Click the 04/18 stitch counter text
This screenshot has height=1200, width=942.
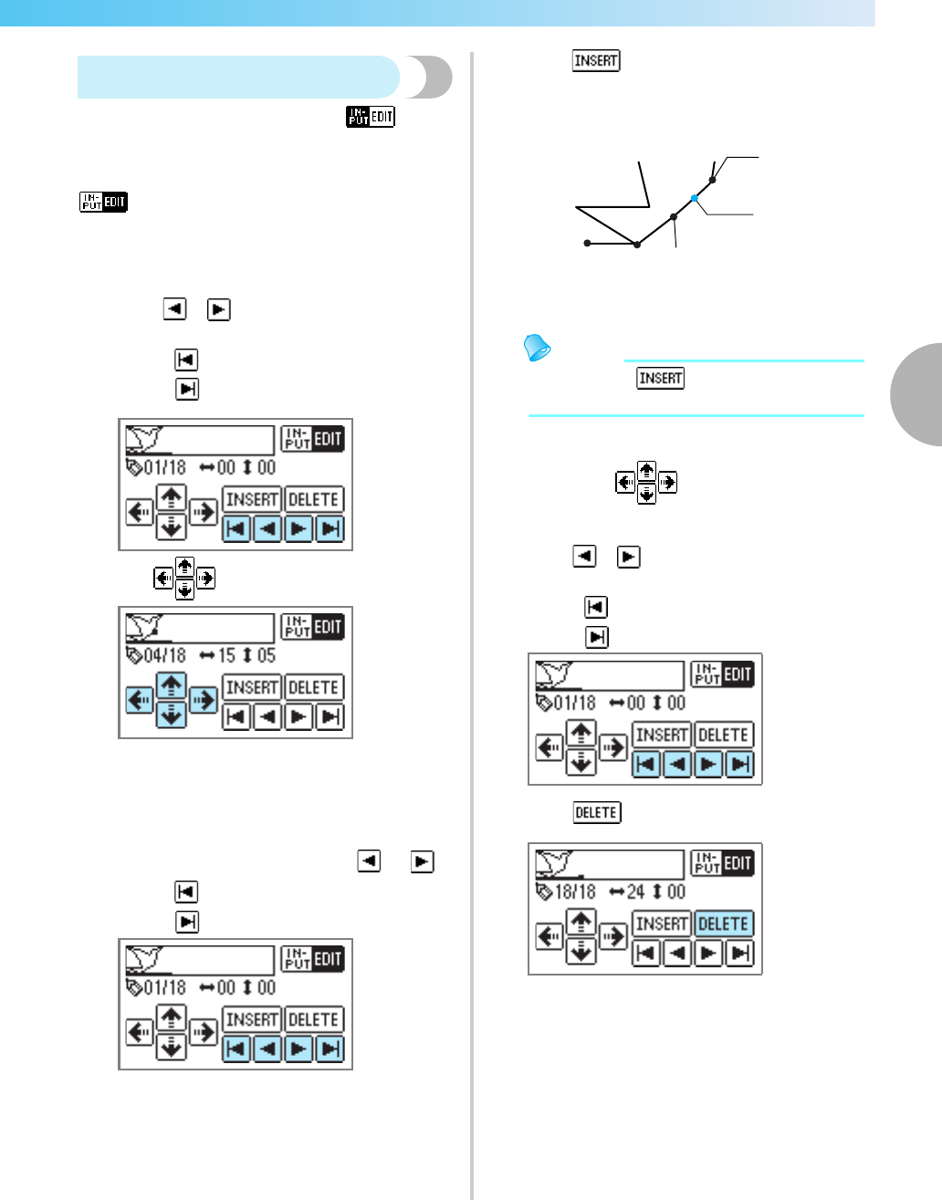click(164, 656)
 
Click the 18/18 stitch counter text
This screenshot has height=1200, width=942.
click(574, 892)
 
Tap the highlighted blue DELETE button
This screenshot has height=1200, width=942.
click(724, 923)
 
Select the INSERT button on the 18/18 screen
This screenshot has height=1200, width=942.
click(662, 923)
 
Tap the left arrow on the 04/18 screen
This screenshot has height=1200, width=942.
click(140, 700)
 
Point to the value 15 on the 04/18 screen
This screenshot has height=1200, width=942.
click(225, 656)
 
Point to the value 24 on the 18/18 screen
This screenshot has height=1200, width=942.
click(635, 892)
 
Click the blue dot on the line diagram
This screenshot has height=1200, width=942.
click(695, 198)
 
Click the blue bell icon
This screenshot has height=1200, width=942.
click(538, 348)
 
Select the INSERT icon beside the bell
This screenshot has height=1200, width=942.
click(661, 378)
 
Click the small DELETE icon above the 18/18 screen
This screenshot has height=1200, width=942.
click(597, 812)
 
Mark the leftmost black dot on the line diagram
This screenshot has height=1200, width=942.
click(587, 244)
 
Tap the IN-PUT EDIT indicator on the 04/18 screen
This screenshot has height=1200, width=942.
click(312, 627)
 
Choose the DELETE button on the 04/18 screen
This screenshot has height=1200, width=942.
click(314, 687)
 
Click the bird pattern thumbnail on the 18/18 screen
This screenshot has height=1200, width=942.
click(553, 862)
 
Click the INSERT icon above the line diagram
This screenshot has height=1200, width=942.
click(596, 61)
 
